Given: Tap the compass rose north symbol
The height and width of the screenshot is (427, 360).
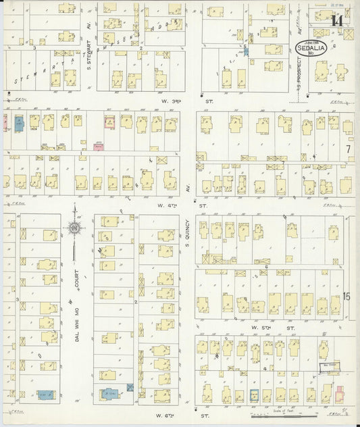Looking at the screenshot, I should [x=76, y=230].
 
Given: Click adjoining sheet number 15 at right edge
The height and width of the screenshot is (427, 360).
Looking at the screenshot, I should [x=348, y=296].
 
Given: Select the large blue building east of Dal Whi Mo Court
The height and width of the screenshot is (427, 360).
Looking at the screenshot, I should [x=109, y=393].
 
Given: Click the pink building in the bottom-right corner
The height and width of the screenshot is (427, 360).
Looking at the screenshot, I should [x=340, y=391].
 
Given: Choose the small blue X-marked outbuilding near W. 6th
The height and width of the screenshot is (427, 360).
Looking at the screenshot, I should [x=130, y=386].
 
